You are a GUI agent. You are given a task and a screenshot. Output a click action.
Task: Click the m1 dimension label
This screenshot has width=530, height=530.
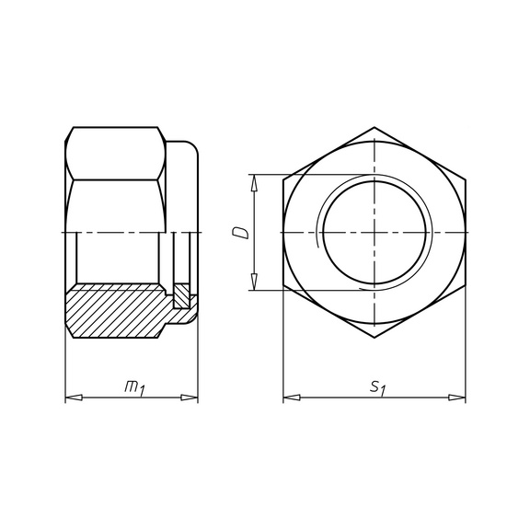click(134, 388)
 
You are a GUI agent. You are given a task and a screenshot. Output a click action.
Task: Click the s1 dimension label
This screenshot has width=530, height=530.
click(377, 388)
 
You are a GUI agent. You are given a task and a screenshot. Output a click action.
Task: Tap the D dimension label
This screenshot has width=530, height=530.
click(240, 233)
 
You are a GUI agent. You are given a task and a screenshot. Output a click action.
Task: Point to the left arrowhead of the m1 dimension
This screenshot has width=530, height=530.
click(74, 397)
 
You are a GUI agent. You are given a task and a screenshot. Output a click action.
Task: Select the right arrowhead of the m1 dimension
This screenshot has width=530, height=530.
click(190, 397)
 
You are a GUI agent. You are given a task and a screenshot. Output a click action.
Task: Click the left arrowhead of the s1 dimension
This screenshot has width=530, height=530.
click(292, 397)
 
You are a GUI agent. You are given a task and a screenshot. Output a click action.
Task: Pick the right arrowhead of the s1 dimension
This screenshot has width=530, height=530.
click(457, 397)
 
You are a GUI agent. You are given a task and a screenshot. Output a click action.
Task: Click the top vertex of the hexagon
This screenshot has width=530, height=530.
click(374, 127)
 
